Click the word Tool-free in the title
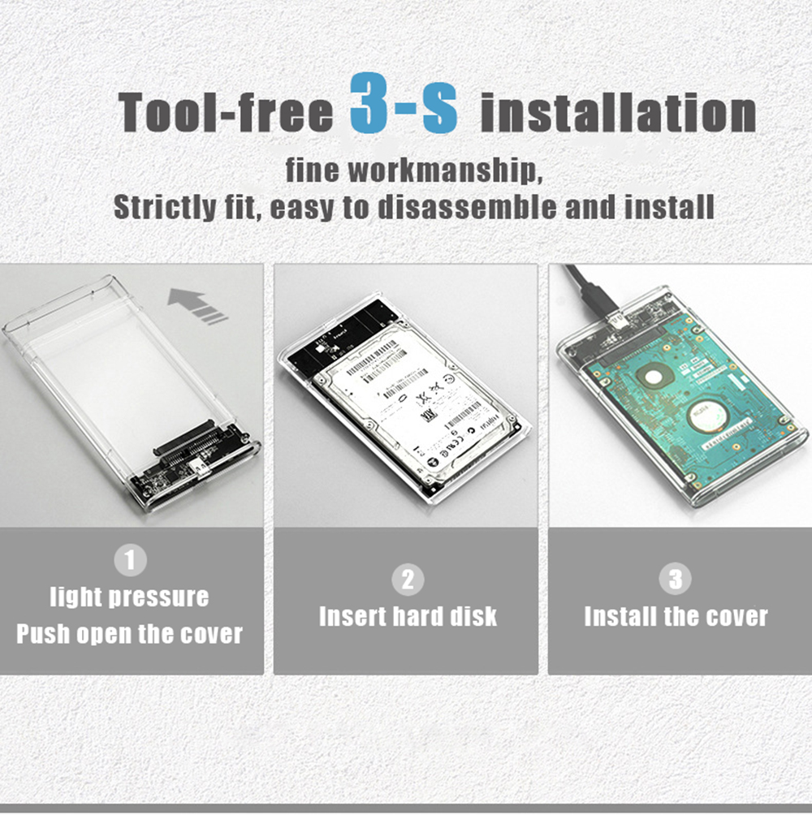(x=227, y=112)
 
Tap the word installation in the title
(x=618, y=112)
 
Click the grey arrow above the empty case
(x=197, y=307)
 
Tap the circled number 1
(x=130, y=560)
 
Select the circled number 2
(x=408, y=579)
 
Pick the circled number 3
(x=676, y=579)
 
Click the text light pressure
(x=130, y=597)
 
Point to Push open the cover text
(x=130, y=633)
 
